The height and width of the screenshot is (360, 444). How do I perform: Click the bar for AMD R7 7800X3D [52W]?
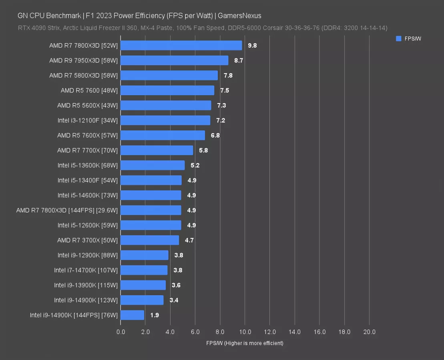click(181, 46)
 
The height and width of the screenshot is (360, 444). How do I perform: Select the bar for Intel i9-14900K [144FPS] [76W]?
click(132, 315)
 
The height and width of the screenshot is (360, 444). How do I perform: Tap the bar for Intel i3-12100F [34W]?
click(165, 120)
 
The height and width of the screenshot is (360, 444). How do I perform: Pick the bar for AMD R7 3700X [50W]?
click(149, 240)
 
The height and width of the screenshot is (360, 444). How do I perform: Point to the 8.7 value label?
click(239, 60)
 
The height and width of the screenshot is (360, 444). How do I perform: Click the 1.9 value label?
click(155, 315)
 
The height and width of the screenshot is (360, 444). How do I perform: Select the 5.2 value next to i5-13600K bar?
click(195, 165)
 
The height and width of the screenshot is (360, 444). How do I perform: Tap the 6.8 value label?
click(215, 135)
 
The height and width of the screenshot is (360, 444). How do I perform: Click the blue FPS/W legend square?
click(398, 39)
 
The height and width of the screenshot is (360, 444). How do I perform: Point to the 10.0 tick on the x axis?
click(245, 332)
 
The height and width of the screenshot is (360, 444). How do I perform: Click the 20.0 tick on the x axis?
click(369, 332)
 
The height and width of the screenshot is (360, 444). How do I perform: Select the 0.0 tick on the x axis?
click(121, 332)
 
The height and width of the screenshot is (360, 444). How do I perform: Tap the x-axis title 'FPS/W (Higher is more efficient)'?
click(245, 343)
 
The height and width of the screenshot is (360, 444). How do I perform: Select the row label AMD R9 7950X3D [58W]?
click(83, 60)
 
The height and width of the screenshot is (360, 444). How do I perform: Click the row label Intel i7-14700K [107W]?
click(86, 270)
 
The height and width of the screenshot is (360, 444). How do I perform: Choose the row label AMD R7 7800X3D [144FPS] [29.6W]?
click(67, 210)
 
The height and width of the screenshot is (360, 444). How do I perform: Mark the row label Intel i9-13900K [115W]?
click(86, 285)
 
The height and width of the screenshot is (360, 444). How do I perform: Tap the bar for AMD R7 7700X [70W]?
click(157, 150)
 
